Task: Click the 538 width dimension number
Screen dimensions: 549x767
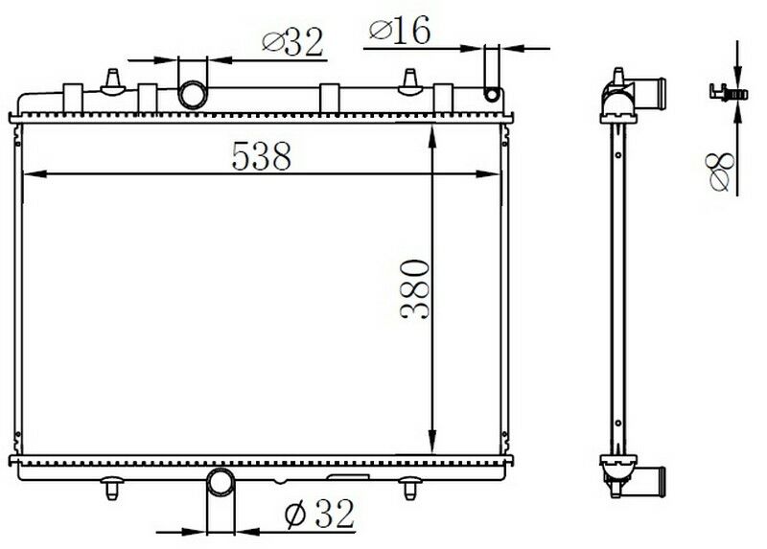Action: coord(261,156)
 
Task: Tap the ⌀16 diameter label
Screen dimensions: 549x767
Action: coord(398,31)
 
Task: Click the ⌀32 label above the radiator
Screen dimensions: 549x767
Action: coord(293,41)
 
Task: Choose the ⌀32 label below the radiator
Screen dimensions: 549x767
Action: coord(320,515)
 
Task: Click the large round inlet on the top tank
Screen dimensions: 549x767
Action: coord(194,94)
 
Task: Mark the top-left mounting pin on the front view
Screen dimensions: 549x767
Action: coord(114,79)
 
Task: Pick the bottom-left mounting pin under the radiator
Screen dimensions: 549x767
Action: coord(112,489)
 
